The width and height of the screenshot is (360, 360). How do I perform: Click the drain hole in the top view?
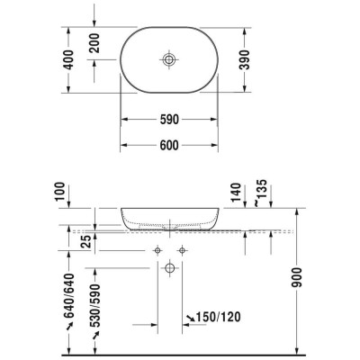point(169,59)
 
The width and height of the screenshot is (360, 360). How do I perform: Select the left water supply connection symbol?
point(157,248)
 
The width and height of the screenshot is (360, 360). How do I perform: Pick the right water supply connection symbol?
point(182,248)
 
